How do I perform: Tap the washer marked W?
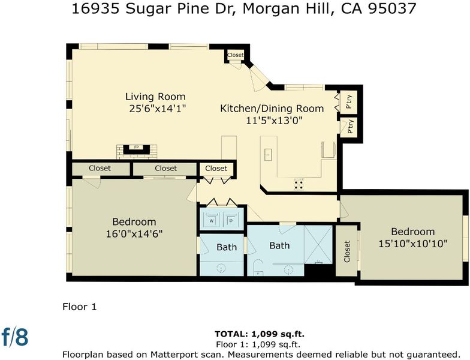click(212, 220)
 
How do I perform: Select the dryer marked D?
click(231, 220)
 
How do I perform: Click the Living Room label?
click(155, 97)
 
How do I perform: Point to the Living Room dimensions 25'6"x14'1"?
click(158, 108)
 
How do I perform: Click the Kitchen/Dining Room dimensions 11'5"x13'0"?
click(274, 120)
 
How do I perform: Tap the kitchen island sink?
click(268, 155)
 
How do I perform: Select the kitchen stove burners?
click(299, 184)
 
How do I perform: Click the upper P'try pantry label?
click(349, 102)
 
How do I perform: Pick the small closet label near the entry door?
click(235, 55)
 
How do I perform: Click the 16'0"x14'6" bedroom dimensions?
click(134, 234)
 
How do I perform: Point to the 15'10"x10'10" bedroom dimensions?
click(413, 244)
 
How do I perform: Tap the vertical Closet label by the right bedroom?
click(347, 251)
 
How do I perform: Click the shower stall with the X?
click(318, 244)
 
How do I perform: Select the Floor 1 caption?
click(79, 307)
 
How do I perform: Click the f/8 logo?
click(15, 337)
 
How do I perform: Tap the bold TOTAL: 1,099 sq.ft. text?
click(260, 334)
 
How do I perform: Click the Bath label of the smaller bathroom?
click(227, 247)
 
